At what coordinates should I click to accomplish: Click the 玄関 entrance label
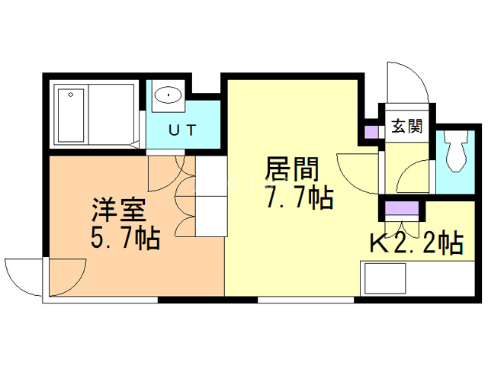coord(406,127)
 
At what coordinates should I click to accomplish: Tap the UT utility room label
coord(183,130)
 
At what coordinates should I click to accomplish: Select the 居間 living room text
coord(291,169)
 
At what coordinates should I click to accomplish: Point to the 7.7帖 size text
coord(300,197)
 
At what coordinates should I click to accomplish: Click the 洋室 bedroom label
coord(119,210)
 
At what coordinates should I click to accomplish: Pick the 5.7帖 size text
coord(126,238)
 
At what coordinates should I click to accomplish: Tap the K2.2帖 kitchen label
coord(416,243)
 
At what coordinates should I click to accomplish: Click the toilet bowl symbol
coord(456,151)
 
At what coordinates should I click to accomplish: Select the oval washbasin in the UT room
coord(169,95)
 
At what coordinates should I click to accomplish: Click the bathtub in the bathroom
coord(71,115)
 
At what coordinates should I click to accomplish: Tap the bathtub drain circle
coord(71,95)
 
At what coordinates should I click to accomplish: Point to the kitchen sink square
coord(385,278)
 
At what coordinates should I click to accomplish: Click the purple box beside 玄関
coord(371,132)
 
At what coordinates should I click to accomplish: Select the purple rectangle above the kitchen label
coord(402,208)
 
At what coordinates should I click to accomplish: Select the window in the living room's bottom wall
coord(306,300)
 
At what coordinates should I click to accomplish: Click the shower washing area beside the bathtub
coord(112,114)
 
